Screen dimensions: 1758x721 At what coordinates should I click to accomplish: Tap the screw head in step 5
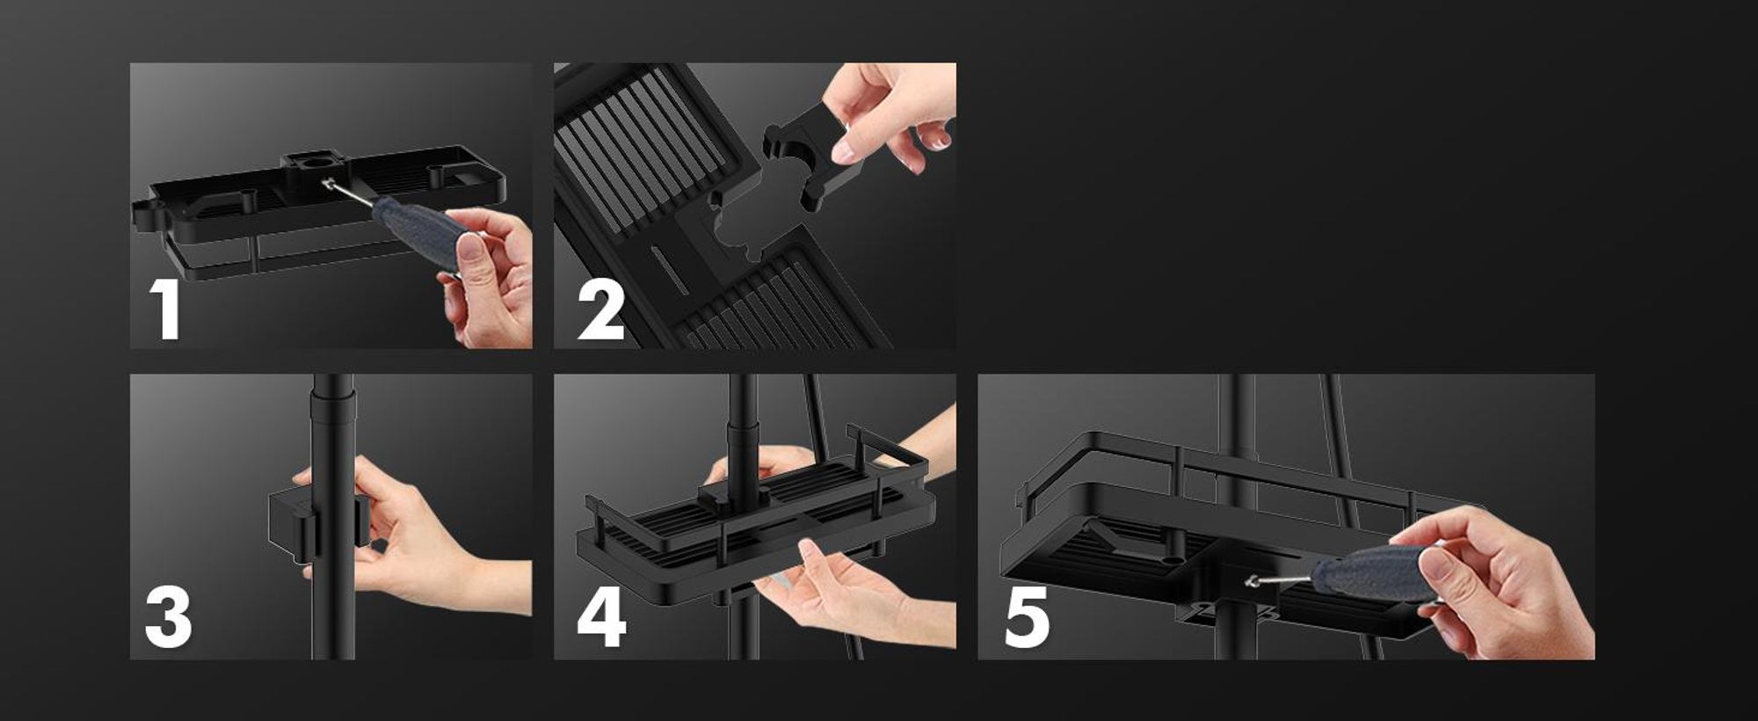1253,580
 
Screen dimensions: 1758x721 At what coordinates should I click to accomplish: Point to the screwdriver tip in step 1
328,183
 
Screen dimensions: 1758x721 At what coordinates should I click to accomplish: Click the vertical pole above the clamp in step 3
334,431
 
